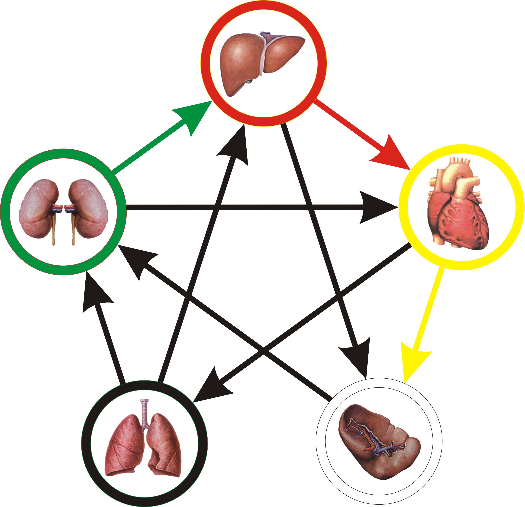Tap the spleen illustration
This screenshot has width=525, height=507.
click(378, 445)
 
